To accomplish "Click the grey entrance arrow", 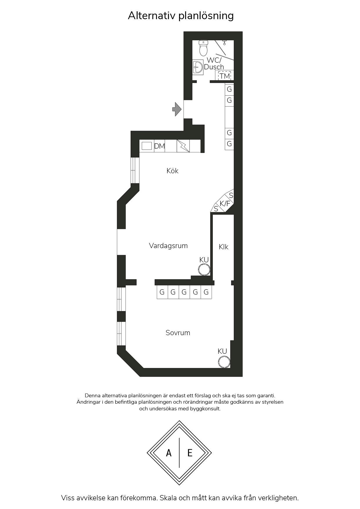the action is tap(177, 109).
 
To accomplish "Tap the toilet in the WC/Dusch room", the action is tap(204, 48).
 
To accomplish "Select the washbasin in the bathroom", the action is tap(198, 67).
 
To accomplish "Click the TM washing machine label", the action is tap(225, 76).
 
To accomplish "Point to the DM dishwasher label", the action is tap(159, 146).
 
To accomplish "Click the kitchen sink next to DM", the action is tap(147, 146).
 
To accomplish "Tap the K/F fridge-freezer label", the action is tap(225, 204).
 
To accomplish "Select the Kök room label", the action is tap(172, 171).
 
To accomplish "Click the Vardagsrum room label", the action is tap(168, 246).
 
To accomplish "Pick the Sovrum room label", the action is tap(178, 333).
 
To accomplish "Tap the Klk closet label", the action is tap(224, 247).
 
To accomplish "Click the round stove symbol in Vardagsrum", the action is tap(204, 269).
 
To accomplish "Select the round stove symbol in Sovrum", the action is tap(224, 362).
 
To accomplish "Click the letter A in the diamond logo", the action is tap(169, 453).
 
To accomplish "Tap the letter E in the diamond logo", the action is tap(190, 453).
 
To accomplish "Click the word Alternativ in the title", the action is tap(152, 15).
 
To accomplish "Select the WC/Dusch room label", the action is tap(214, 64).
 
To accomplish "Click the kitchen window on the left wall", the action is tap(135, 170).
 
